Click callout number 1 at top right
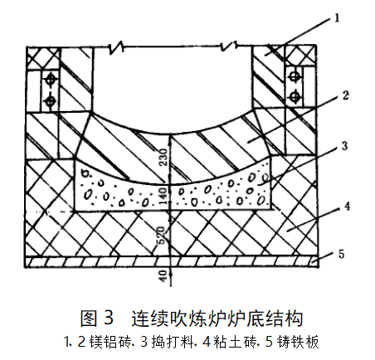pyautogui.click(x=337, y=18)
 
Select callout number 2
pyautogui.click(x=345, y=95)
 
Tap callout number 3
pyautogui.click(x=344, y=146)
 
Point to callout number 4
pyautogui.click(x=347, y=207)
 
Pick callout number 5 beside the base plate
pyautogui.click(x=342, y=254)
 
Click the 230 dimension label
pyautogui.click(x=163, y=158)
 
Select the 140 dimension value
pyautogui.click(x=163, y=196)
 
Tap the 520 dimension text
pyautogui.click(x=161, y=236)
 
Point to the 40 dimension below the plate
pyautogui.click(x=163, y=276)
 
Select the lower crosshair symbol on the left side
pyautogui.click(x=51, y=101)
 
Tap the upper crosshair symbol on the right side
pyautogui.click(x=295, y=76)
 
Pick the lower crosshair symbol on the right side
pyautogui.click(x=295, y=97)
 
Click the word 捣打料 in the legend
pyautogui.click(x=173, y=342)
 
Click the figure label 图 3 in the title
pyautogui.click(x=97, y=318)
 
